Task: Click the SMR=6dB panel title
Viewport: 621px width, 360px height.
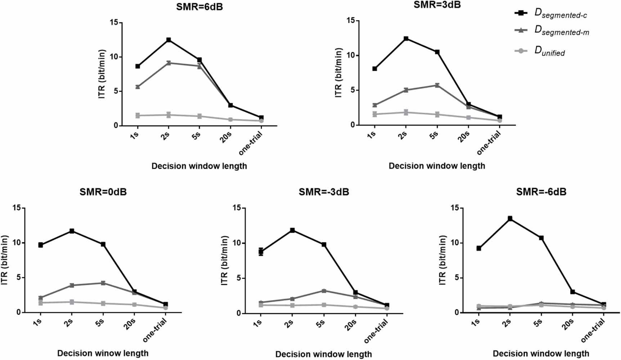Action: [199, 7]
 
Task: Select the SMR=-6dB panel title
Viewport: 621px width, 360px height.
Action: [541, 192]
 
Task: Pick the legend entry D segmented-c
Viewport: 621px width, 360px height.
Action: [561, 13]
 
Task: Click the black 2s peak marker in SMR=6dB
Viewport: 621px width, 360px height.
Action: [168, 40]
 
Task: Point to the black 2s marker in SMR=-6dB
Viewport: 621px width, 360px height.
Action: [510, 219]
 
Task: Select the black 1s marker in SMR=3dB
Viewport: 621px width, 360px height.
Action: [375, 69]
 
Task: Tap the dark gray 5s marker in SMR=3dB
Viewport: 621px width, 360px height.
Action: [437, 85]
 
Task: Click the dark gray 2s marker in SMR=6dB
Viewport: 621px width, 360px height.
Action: [168, 63]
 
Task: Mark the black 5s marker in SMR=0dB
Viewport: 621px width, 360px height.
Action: [103, 244]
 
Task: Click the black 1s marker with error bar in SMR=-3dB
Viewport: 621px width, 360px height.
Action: [261, 252]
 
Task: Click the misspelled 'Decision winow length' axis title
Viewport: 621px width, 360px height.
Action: [103, 353]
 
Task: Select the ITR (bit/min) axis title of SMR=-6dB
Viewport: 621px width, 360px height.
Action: [442, 260]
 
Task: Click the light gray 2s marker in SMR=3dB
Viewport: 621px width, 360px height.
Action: [406, 112]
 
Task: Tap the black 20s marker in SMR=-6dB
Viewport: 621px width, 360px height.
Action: [572, 292]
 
